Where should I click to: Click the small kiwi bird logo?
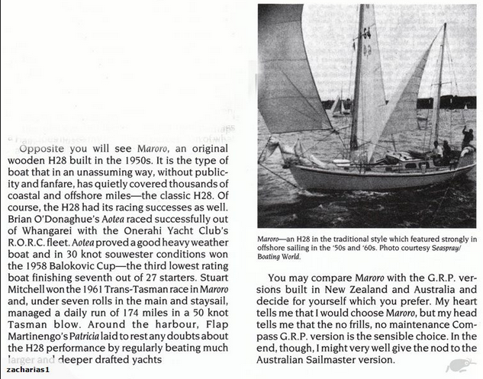462,366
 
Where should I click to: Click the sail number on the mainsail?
367,42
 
